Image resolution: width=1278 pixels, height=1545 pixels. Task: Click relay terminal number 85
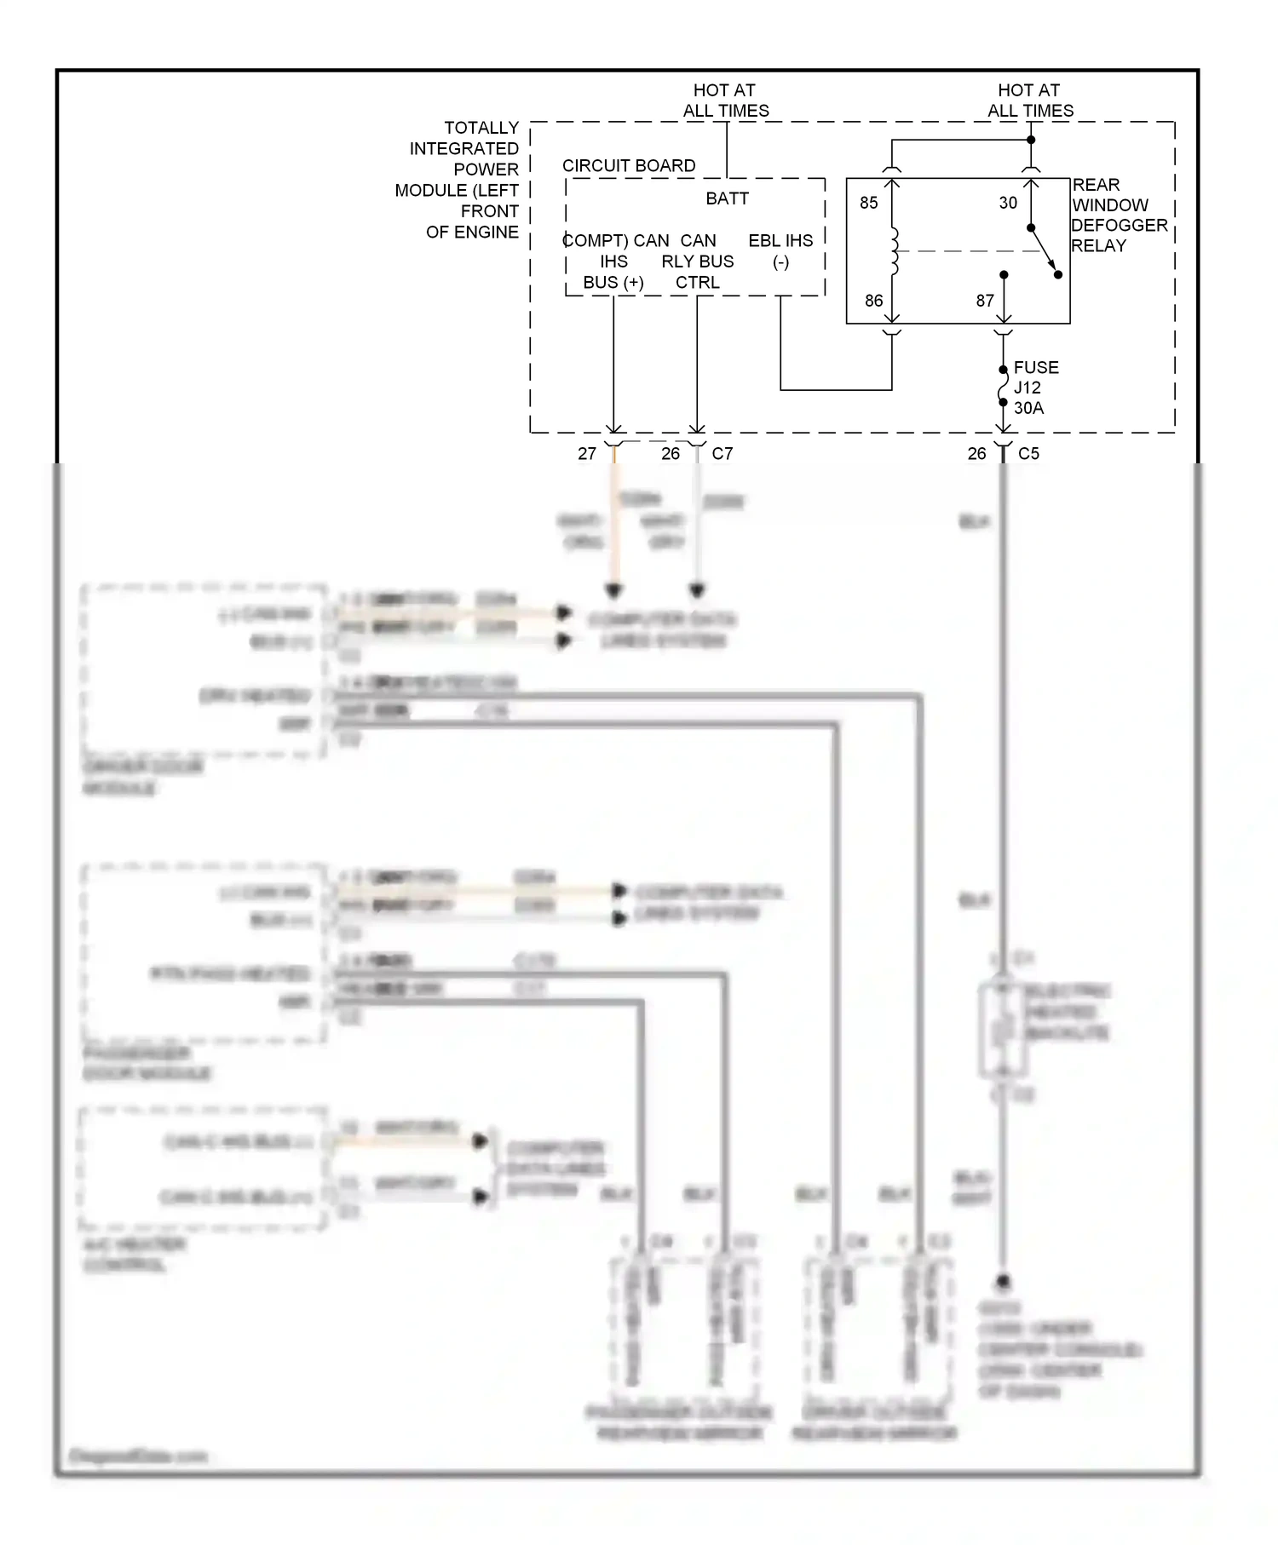pos(868,203)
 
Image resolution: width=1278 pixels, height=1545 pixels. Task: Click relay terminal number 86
pos(873,301)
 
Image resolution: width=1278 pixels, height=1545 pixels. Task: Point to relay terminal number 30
pos(1008,203)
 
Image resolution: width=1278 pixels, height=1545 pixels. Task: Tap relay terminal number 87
pos(985,301)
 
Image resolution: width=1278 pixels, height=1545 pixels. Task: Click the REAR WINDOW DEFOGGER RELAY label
pos(1118,215)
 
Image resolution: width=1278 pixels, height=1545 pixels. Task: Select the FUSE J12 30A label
pos(1034,388)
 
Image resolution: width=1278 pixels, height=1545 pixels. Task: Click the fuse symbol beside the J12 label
pos(1004,387)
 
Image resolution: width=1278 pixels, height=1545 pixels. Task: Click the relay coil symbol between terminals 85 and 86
pos(893,251)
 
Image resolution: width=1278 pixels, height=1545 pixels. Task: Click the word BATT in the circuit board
pos(727,198)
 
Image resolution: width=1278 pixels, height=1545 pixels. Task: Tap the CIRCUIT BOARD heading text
pos(629,166)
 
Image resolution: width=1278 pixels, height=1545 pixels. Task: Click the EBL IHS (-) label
pos(780,251)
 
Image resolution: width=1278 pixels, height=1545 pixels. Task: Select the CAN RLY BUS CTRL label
pos(697,261)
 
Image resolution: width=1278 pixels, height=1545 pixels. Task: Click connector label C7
pos(722,454)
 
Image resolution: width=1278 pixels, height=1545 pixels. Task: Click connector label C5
pos(1028,454)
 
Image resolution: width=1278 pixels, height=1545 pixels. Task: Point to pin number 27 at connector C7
pos(587,454)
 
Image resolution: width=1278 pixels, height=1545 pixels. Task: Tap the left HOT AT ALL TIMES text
pos(725,101)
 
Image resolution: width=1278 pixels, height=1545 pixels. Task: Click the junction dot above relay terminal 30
pos(1031,140)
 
